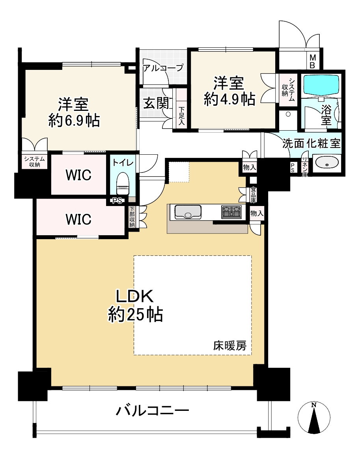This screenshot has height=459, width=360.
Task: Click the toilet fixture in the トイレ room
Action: tap(123, 184)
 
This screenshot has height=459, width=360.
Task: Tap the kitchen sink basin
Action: tap(188, 212)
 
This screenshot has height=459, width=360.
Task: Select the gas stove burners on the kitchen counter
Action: tap(231, 212)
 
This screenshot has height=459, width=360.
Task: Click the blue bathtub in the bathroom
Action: tap(321, 84)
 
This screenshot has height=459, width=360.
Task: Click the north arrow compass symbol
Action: tap(314, 417)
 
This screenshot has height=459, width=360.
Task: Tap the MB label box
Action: tap(312, 62)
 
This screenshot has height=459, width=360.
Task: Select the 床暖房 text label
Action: tap(229, 346)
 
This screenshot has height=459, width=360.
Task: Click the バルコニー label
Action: tap(152, 411)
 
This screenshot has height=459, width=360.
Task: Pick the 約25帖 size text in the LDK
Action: tap(136, 315)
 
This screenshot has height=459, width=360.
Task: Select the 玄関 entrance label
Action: tap(157, 103)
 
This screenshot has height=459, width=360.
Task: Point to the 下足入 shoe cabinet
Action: tap(182, 116)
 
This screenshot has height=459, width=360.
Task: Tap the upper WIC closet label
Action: tap(78, 175)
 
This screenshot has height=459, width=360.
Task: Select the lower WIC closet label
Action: tap(78, 219)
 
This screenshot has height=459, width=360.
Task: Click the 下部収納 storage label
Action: tap(132, 217)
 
